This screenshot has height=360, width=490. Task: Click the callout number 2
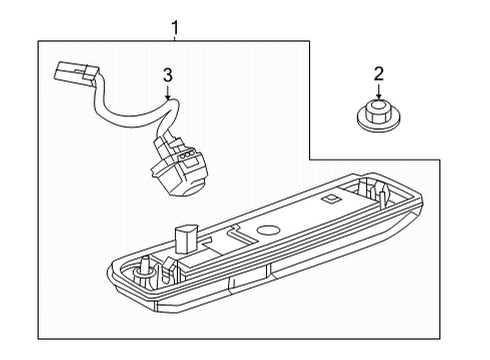tap(378, 72)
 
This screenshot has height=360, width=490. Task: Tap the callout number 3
tap(168, 74)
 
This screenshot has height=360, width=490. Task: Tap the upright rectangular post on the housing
tap(183, 240)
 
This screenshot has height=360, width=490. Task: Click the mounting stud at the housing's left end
tap(147, 265)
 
